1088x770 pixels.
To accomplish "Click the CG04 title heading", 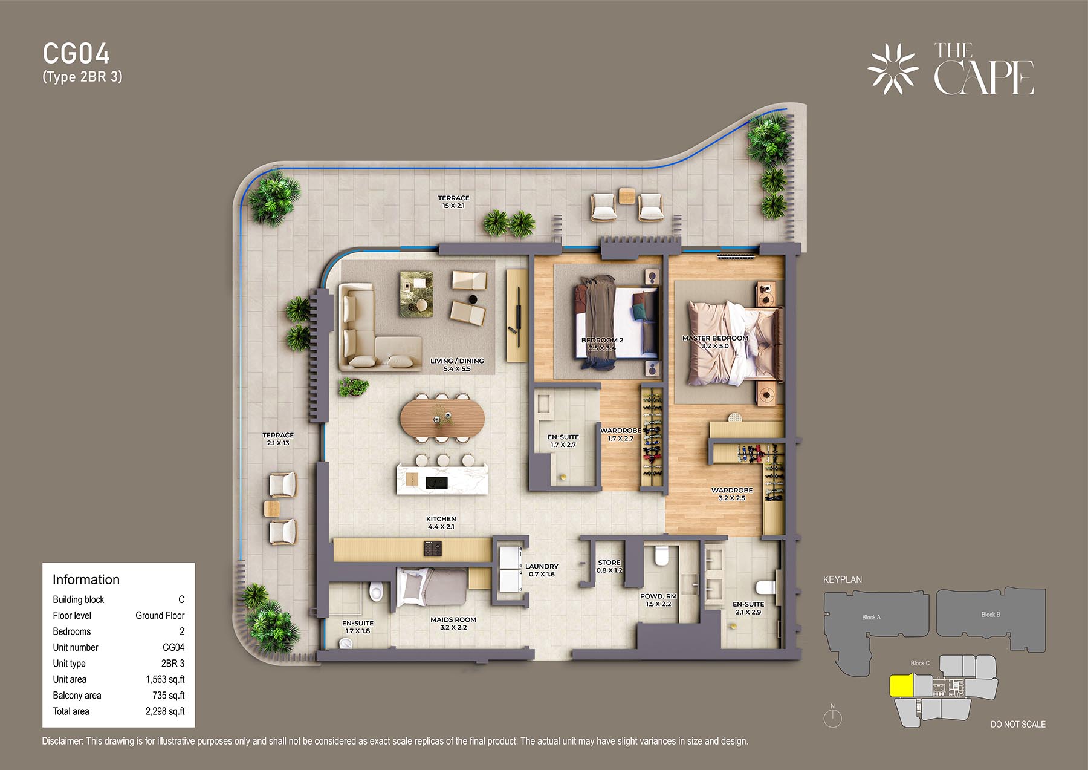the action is [x=76, y=54].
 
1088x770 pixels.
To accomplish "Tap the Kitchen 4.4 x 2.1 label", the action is [x=441, y=523].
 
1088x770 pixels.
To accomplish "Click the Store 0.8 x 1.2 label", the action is [x=609, y=566].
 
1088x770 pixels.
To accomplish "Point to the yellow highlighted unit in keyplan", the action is [x=901, y=686].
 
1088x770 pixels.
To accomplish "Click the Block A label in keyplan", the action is [x=871, y=617].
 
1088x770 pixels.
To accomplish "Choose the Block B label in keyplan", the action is [x=991, y=614].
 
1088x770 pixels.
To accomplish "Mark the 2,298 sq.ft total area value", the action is [x=165, y=711].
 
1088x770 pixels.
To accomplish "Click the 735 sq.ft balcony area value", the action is [x=169, y=696].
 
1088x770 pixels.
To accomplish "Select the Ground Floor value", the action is [x=160, y=615].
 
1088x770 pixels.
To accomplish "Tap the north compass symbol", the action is [x=833, y=717].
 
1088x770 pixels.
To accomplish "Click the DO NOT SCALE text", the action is [x=1018, y=724].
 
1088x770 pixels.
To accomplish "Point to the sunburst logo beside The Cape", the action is [x=893, y=69].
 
